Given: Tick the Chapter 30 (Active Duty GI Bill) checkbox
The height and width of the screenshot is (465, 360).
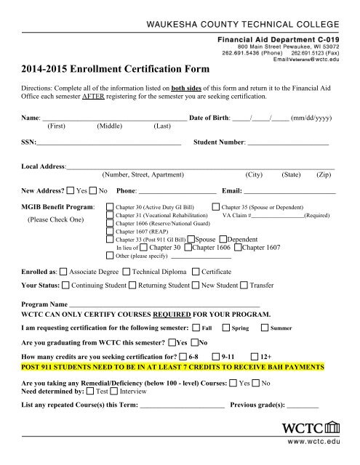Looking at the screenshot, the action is [110, 207].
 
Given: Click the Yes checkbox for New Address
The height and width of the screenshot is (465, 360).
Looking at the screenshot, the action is [69, 191].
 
